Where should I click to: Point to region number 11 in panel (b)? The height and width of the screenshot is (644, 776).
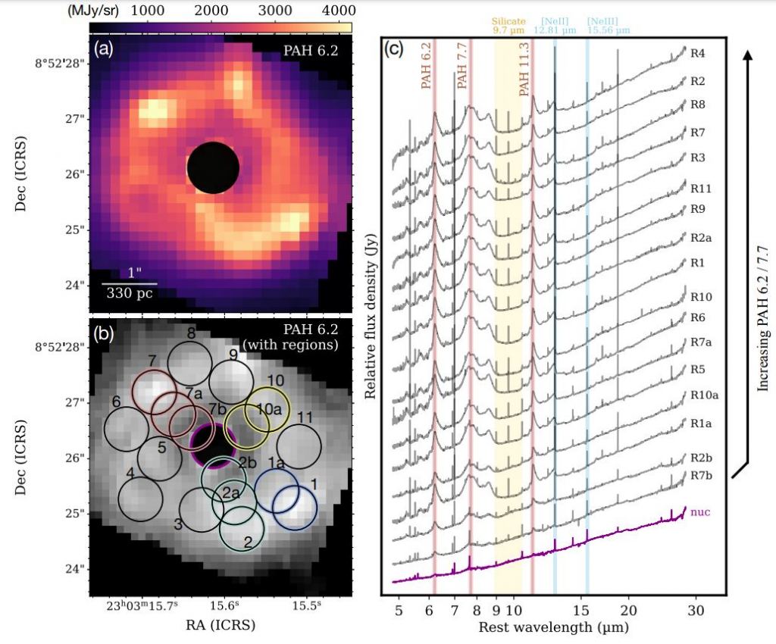pos(305,417)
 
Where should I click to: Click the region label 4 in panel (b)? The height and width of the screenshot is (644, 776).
pos(130,474)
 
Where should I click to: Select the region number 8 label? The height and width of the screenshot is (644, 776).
pos(192,333)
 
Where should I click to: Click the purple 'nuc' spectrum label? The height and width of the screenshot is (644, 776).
pos(699,512)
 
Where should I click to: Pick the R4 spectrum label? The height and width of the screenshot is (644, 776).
pos(698,54)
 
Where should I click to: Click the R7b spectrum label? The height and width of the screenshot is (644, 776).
pos(700,475)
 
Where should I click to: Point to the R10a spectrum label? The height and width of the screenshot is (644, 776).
pos(702,395)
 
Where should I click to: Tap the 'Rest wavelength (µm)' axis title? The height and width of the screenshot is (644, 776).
pos(552,628)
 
